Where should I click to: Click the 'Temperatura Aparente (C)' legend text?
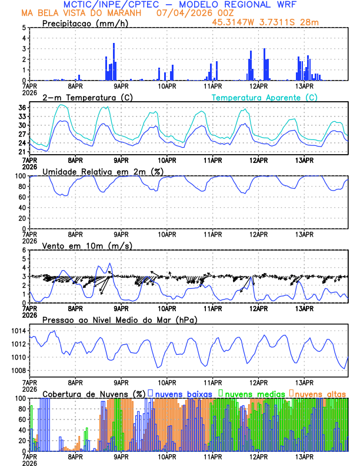click(x=264, y=97)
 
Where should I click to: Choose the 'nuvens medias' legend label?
click(x=254, y=393)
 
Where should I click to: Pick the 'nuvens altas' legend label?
click(x=320, y=393)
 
